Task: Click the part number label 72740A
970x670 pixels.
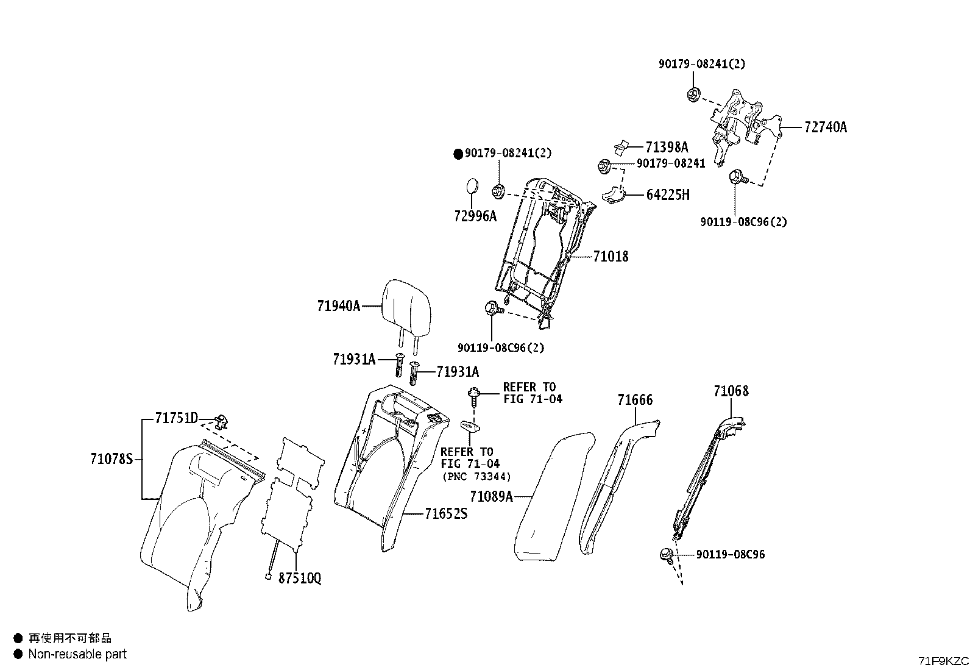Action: tap(826, 127)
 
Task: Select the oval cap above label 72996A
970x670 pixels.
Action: tap(472, 187)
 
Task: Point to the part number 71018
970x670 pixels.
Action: tap(611, 257)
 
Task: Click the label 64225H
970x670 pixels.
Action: tap(668, 195)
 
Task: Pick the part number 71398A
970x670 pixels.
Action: tap(667, 148)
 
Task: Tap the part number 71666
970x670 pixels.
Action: tap(635, 399)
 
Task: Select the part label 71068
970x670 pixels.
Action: tap(731, 391)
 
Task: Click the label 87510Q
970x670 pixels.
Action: tap(300, 578)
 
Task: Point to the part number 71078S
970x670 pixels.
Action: tap(112, 458)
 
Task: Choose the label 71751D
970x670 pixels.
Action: tap(177, 418)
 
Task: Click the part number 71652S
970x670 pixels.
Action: tap(446, 513)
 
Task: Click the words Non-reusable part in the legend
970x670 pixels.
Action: tap(77, 654)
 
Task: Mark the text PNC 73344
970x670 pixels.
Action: tap(476, 477)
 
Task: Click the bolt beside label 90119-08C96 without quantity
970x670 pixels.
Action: tap(667, 555)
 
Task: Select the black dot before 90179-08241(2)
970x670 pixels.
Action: tap(458, 154)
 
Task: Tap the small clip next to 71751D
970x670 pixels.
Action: tap(222, 421)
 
